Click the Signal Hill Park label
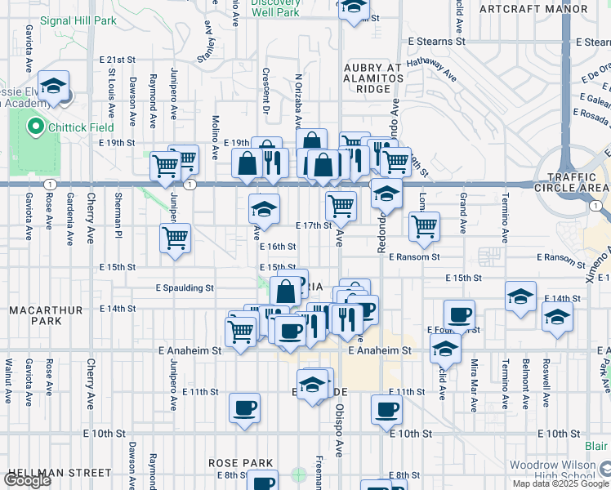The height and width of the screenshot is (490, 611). (x=78, y=20)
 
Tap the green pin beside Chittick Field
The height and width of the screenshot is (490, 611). (x=35, y=127)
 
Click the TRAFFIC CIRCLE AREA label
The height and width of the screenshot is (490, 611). (x=573, y=183)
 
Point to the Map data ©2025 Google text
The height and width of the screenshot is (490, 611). (x=561, y=483)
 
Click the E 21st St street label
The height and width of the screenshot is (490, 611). (x=117, y=60)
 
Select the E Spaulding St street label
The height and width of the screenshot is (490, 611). (x=185, y=287)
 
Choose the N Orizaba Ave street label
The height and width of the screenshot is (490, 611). (x=299, y=98)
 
